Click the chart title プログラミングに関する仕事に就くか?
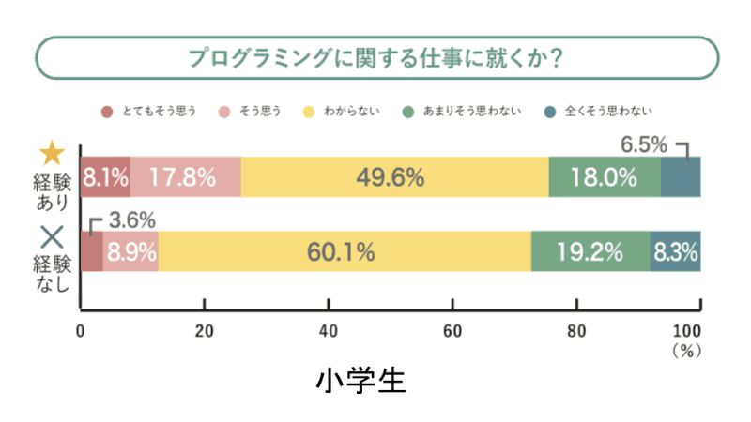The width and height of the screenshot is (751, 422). click(x=375, y=58)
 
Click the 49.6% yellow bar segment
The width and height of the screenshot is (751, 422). click(x=394, y=176)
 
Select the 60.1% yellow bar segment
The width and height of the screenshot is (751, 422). click(x=345, y=251)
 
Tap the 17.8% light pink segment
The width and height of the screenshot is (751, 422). click(x=186, y=176)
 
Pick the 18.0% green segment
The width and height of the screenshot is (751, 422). click(x=605, y=176)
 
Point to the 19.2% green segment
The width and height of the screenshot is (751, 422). click(x=590, y=251)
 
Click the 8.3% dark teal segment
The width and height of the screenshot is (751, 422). click(x=675, y=251)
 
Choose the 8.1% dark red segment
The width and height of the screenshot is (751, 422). click(x=105, y=176)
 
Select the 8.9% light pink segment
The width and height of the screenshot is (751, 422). click(x=130, y=251)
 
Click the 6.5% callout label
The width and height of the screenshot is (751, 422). click(x=644, y=144)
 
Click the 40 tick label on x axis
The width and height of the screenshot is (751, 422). click(x=328, y=330)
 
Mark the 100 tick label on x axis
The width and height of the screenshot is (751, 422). click(x=687, y=330)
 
